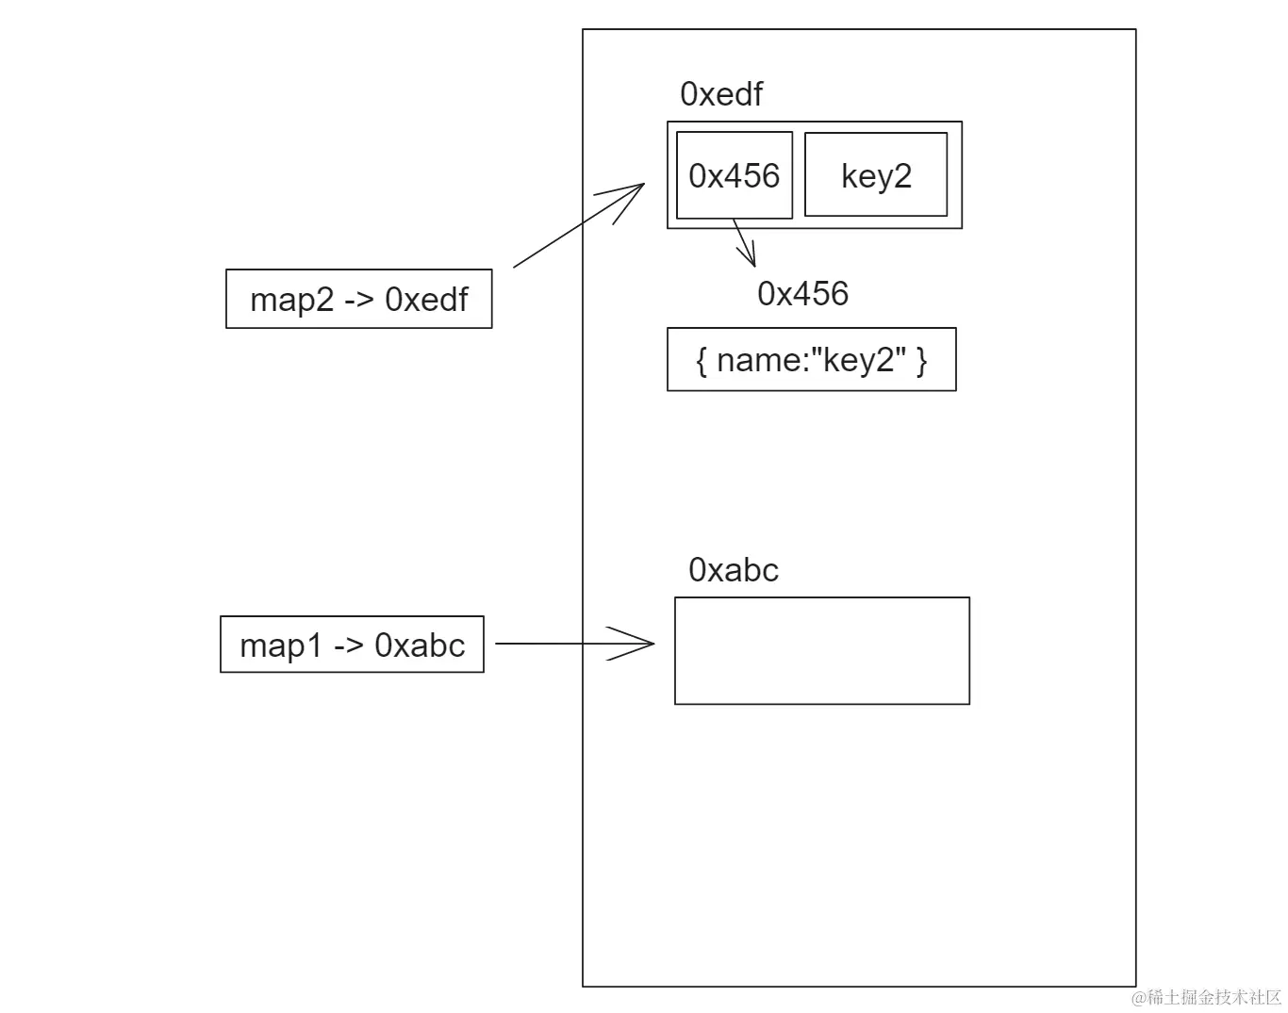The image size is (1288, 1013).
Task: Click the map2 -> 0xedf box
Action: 358,299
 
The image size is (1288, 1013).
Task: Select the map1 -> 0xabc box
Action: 352,645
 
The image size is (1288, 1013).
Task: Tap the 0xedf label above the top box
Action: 721,94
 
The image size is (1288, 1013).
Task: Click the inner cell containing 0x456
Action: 734,176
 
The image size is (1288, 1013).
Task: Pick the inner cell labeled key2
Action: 876,176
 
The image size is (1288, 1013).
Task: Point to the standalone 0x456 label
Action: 802,294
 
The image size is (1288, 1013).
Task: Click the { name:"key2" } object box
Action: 811,359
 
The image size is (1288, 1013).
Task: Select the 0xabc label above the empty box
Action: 734,570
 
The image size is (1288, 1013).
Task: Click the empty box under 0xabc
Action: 821,650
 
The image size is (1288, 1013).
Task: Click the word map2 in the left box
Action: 291,300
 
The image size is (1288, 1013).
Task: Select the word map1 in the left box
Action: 281,645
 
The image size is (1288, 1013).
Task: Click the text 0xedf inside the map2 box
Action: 426,300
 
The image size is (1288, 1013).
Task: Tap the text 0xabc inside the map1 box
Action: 420,645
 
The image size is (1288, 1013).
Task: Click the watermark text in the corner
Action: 1208,997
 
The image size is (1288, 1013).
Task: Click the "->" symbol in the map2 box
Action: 359,300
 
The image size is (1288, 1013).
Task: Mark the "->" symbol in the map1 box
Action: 349,645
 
